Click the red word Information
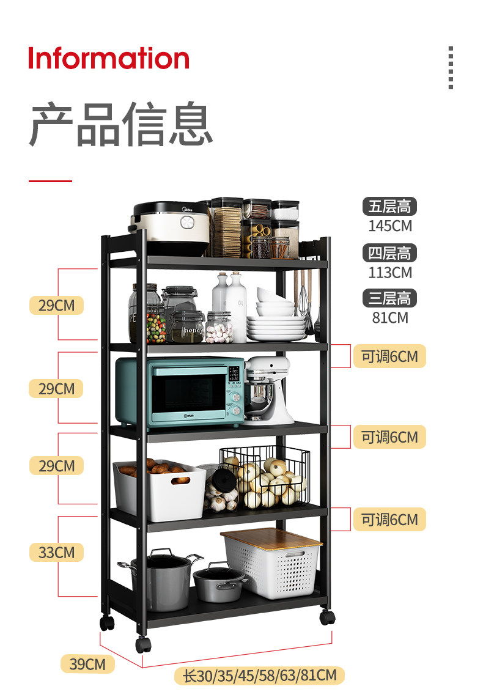point(109,58)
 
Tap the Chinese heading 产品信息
point(121,125)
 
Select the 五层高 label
point(389,207)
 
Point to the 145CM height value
point(390,226)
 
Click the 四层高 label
point(389,252)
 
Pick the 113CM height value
point(390,272)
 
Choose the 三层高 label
point(389,298)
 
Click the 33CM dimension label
point(56,553)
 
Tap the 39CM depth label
point(87,664)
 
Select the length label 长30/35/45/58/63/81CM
point(260,676)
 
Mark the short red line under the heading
point(50,181)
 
